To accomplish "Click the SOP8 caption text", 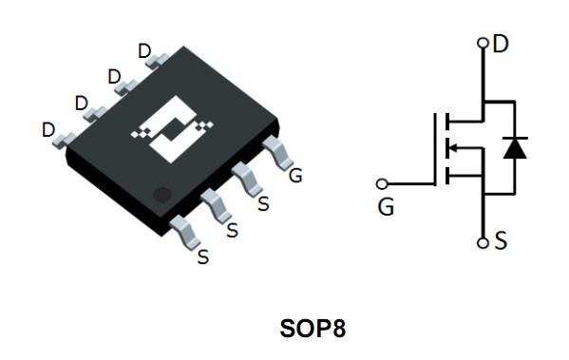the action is [x=313, y=330].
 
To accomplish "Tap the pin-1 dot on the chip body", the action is [x=162, y=194].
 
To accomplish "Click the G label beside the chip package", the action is [x=295, y=175].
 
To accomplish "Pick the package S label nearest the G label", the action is [x=263, y=202].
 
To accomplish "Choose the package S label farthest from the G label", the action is [x=201, y=256].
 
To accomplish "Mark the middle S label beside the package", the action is [x=232, y=230].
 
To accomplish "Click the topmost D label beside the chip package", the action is [x=144, y=50].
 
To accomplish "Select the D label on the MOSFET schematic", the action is [x=501, y=44].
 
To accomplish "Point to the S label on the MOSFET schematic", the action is [x=500, y=241].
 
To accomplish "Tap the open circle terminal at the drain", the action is [x=483, y=43].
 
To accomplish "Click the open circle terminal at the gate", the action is [x=383, y=182].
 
